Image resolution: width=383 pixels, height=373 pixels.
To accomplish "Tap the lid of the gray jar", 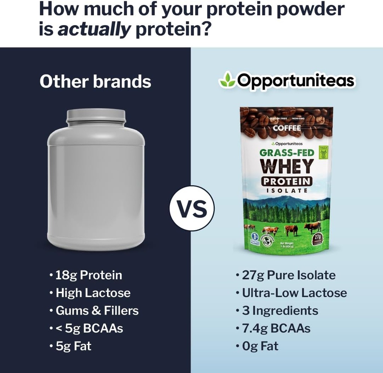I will pos(96,116).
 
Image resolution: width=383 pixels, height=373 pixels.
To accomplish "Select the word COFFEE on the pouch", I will pos(287,128).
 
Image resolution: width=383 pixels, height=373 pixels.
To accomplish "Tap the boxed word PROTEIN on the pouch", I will pos(287,182).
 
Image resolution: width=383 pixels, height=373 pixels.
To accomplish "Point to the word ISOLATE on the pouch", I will pos(287,191).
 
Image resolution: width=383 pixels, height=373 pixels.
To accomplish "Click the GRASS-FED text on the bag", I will pos(287,153).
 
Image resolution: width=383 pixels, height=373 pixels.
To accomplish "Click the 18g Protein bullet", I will pos(89,275).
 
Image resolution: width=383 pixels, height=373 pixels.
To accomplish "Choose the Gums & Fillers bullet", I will pos(97,310).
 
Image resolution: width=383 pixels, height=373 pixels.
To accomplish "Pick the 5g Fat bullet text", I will pos(73,346).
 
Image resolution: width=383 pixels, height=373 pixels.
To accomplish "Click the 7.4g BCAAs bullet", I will pos(276,328).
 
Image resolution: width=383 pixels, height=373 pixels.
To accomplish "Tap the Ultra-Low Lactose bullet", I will pos(294,293).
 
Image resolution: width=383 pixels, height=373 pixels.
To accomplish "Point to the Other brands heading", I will pos(95,81).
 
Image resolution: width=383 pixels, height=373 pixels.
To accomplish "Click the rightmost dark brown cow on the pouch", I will pos(313,227).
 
